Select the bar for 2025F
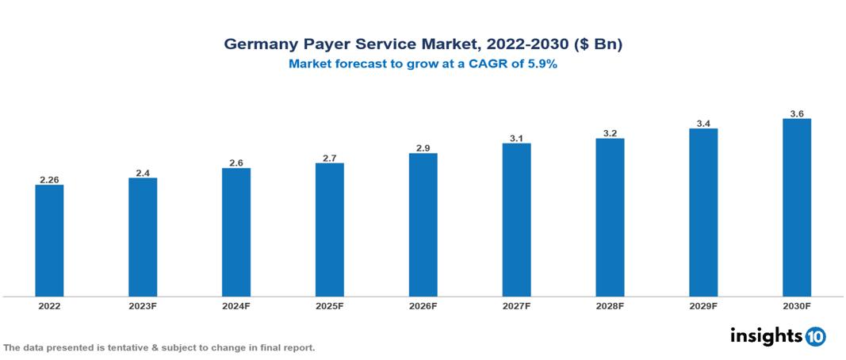tap(329, 230)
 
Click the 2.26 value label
tap(49, 179)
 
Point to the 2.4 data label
tap(143, 172)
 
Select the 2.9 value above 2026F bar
tap(423, 147)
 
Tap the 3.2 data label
tap(610, 133)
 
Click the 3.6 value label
tap(797, 113)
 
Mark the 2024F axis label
tap(236, 306)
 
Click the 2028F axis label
tap(610, 306)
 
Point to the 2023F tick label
tap(143, 306)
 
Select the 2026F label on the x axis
tap(423, 306)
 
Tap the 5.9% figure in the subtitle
tap(541, 64)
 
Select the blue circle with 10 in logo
tap(815, 336)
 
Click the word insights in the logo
tap(766, 335)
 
